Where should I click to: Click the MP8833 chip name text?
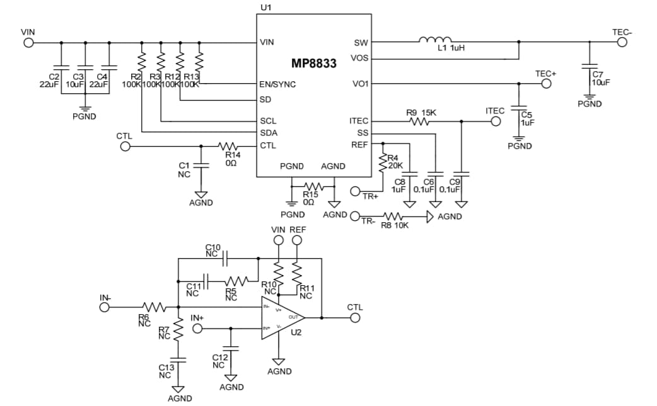pos(313,64)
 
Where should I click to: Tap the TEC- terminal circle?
pos(622,43)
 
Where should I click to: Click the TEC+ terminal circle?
pos(546,83)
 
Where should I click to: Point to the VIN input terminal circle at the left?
pos(28,43)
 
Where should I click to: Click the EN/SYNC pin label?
pos(277,84)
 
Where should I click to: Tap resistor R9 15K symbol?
pos(420,121)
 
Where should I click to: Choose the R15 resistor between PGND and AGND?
pos(313,186)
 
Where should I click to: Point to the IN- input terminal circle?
pos(105,307)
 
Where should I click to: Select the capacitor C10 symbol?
pos(226,257)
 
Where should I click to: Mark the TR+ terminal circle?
pos(355,191)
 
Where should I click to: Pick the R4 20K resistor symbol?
pos(382,163)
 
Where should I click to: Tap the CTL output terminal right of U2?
pos(355,317)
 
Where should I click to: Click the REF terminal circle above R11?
pos(298,240)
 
